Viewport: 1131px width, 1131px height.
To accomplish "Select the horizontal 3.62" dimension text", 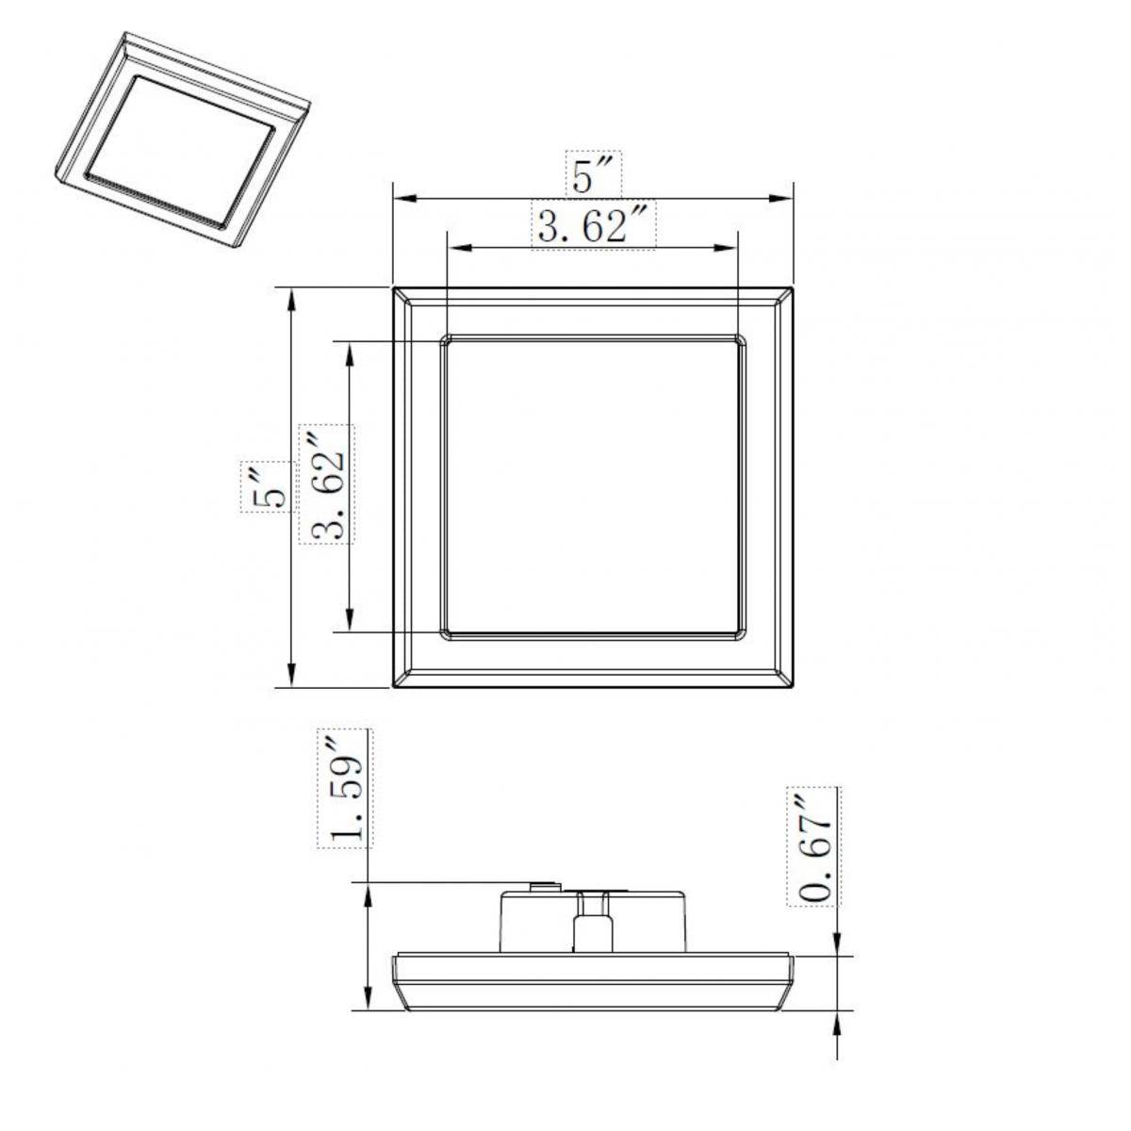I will [594, 226].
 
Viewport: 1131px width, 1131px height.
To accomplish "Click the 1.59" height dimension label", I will [345, 788].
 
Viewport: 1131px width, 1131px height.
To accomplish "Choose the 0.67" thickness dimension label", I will [813, 845].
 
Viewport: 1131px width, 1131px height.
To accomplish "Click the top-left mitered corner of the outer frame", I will [401, 295].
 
